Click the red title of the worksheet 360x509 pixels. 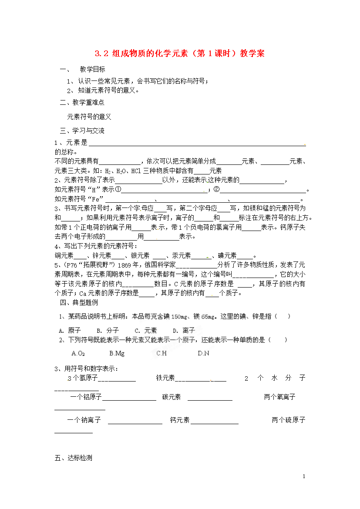tap(179, 54)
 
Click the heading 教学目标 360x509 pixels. tap(92, 70)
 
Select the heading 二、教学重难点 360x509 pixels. tap(82, 103)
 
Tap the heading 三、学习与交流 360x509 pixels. tap(82, 131)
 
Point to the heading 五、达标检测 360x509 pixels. tap(74, 458)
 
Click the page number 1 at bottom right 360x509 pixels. tap(304, 477)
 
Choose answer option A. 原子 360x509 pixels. tap(70, 331)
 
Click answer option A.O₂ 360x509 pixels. tap(78, 353)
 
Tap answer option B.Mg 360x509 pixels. tap(117, 353)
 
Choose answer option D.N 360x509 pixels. tap(203, 353)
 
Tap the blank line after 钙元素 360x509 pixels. tap(214, 421)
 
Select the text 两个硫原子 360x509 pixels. tap(289, 420)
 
